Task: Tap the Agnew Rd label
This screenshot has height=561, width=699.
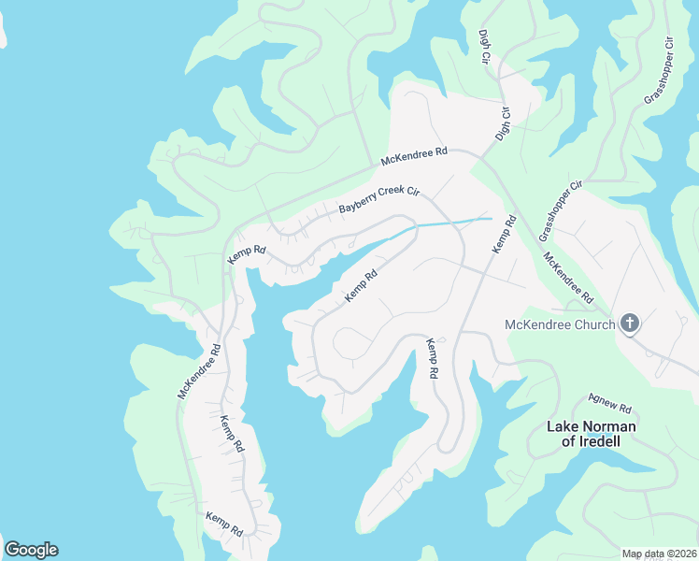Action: [610, 404]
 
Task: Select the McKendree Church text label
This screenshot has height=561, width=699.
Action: [560, 324]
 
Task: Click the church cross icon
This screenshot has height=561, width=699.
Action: [630, 324]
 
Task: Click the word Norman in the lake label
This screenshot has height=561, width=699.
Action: [608, 427]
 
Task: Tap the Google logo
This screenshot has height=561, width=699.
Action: [31, 550]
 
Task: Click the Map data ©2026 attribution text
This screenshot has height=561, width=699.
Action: [659, 554]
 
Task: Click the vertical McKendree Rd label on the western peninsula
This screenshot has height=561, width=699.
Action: [199, 372]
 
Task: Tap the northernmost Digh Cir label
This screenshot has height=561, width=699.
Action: [484, 46]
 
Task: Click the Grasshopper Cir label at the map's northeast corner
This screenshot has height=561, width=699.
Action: [659, 71]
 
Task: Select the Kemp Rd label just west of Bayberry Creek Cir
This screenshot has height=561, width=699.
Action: [247, 254]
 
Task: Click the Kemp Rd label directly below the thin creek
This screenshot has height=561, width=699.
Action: [361, 286]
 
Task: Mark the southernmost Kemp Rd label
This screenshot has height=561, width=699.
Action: [224, 524]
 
